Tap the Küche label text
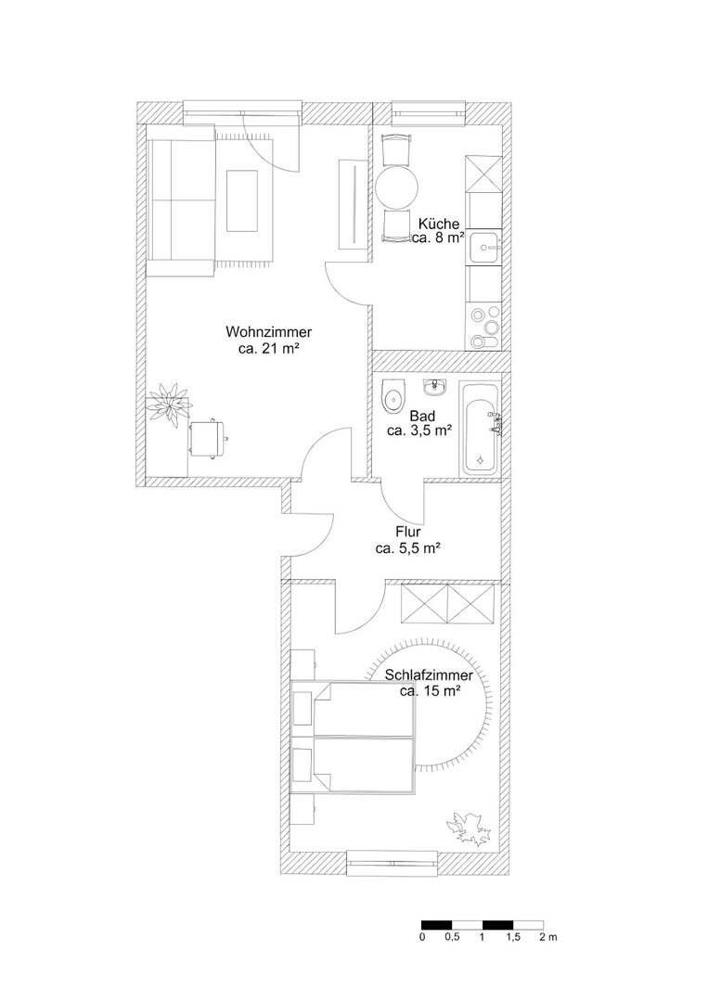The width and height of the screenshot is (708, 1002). click(x=438, y=224)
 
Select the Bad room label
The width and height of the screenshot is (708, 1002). click(x=422, y=416)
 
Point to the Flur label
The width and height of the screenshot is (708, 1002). click(x=407, y=532)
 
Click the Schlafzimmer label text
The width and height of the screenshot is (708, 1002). click(x=429, y=675)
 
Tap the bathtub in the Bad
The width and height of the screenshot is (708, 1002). click(x=480, y=428)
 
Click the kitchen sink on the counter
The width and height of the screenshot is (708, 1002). click(x=485, y=247)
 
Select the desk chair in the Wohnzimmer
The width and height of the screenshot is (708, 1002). click(x=208, y=438)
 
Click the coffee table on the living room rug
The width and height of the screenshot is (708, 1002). click(x=242, y=201)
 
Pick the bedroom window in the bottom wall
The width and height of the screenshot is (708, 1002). click(x=393, y=864)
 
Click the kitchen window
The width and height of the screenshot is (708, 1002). click(x=428, y=112)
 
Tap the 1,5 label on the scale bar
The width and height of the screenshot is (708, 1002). click(x=513, y=937)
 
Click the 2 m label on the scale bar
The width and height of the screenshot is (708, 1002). click(x=548, y=937)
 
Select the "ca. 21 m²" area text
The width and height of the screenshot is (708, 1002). click(x=268, y=348)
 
